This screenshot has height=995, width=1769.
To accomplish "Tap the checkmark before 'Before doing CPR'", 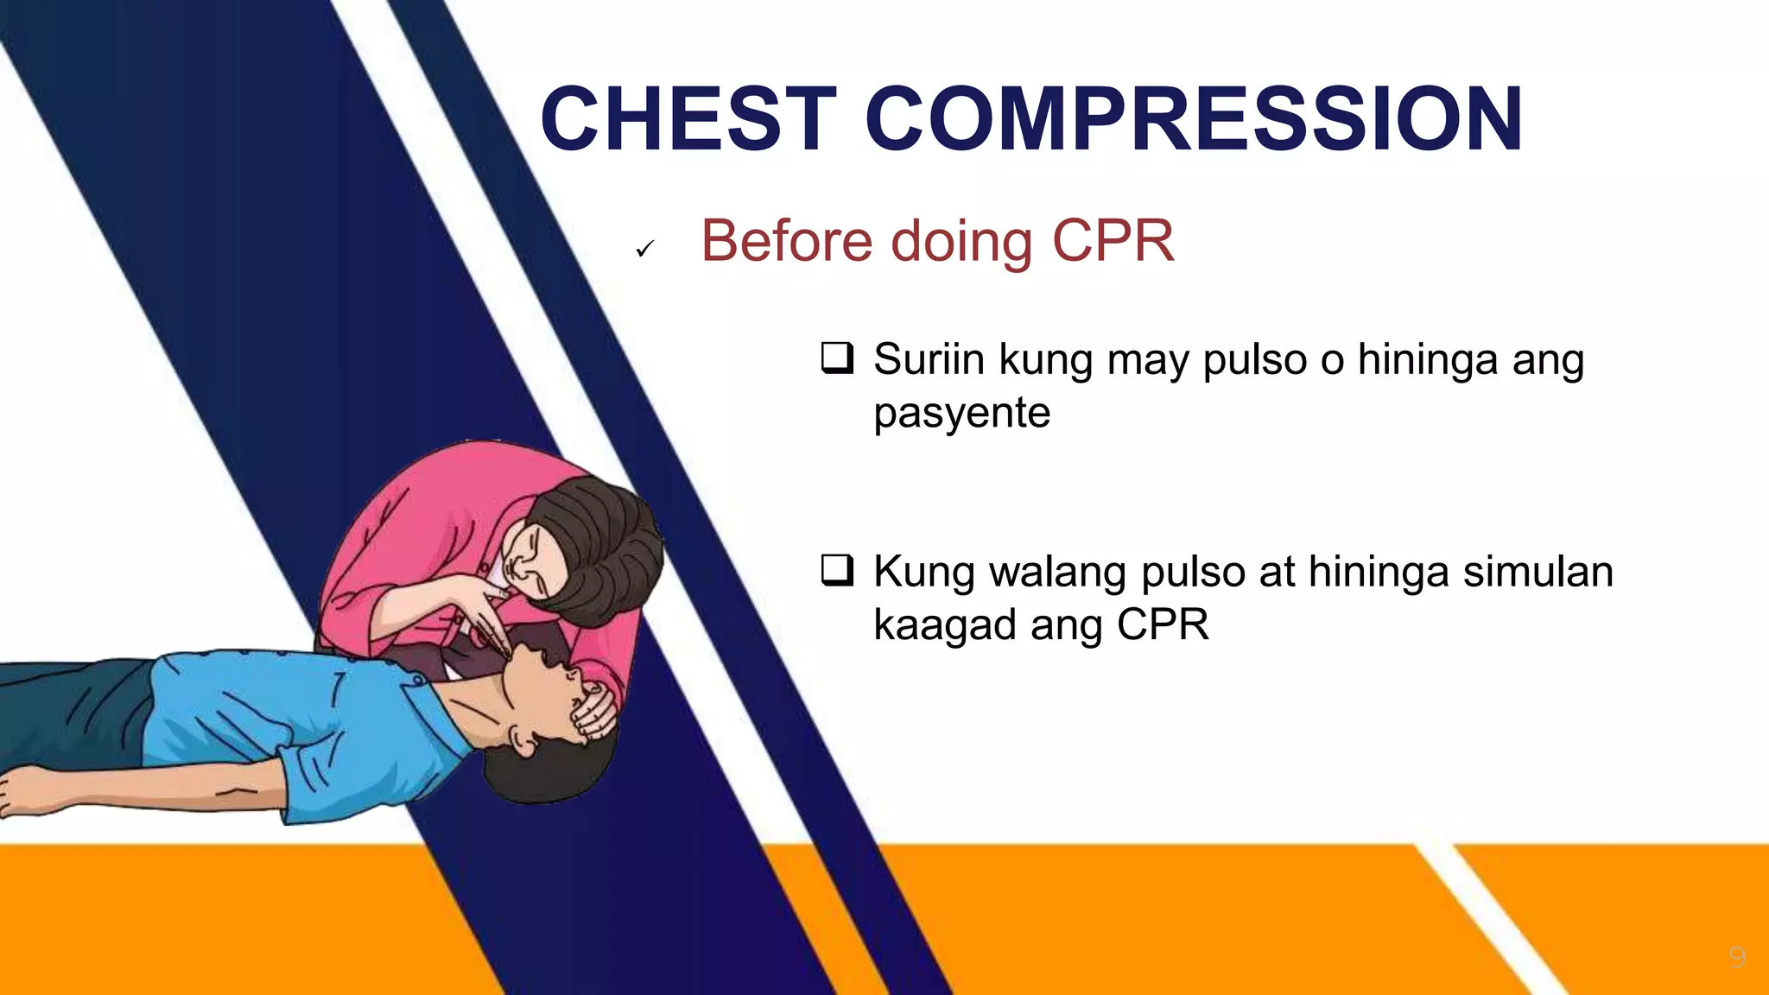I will [x=644, y=249].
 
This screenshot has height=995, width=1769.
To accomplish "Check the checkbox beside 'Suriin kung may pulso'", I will [x=837, y=358].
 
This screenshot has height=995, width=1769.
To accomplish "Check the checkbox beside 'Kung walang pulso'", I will [x=837, y=570].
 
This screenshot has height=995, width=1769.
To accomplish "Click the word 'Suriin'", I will [x=929, y=358].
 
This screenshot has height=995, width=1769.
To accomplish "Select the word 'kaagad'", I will [x=945, y=625].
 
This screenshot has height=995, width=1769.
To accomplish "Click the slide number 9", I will [x=1737, y=956].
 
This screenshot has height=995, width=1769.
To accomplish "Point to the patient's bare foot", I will [x=26, y=790].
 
